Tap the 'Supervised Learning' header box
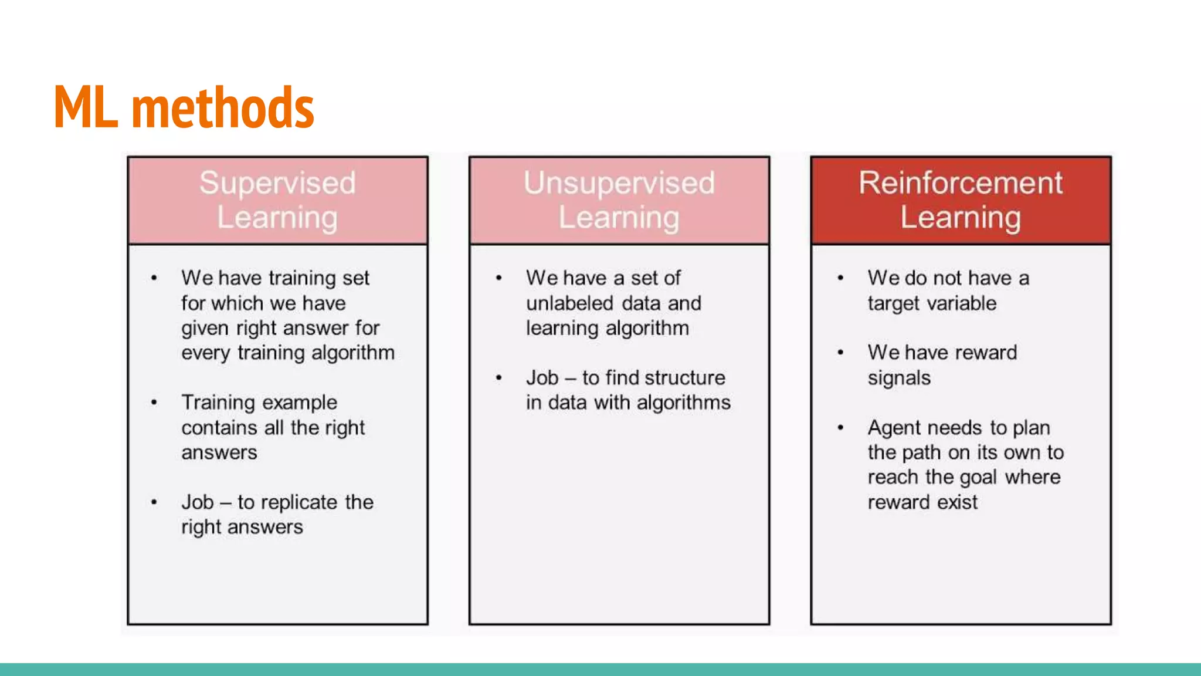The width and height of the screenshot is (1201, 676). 277,200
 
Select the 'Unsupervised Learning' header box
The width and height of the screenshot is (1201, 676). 619,200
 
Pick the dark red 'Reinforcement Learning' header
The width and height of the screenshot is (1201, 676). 961,200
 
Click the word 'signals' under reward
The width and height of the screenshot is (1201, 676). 899,378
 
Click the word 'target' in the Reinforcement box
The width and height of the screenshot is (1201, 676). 894,304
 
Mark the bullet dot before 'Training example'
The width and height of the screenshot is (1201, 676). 154,403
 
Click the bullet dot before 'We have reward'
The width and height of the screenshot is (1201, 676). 840,353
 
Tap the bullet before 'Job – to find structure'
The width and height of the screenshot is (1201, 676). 498,378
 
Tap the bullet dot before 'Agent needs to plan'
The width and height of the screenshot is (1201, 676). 840,428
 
